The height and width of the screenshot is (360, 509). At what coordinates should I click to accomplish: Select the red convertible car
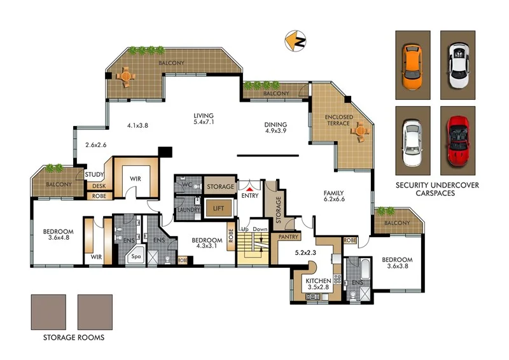[457, 139]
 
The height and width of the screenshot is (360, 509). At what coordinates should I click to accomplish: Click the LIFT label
[218, 208]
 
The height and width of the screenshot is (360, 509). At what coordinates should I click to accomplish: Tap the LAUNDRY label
[189, 209]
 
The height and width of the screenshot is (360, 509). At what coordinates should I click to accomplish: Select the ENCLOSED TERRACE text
[337, 120]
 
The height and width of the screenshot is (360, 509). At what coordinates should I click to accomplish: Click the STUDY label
[94, 175]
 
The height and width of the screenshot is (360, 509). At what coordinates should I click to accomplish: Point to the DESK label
[99, 186]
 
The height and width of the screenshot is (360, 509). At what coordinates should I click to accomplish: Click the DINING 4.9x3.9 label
[275, 128]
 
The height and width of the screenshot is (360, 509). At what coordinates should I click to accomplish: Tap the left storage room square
[48, 312]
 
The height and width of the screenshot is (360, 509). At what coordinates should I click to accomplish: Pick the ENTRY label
[250, 196]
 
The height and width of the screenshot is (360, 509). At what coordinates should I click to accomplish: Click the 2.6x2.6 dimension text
[96, 145]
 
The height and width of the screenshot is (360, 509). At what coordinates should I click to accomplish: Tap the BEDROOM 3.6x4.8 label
[59, 235]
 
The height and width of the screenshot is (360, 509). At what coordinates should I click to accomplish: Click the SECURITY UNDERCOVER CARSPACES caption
[437, 189]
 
